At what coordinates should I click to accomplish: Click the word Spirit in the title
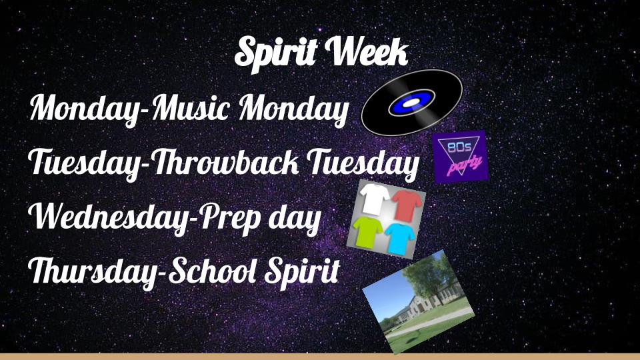point(276,52)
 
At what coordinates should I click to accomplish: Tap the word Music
point(191,108)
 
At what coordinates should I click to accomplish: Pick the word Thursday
point(92,271)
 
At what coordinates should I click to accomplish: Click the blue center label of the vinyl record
point(411,103)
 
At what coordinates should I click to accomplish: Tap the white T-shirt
point(374,199)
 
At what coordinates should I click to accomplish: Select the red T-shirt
point(407,205)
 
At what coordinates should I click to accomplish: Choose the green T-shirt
point(367,232)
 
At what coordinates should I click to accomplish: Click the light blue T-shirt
point(400,239)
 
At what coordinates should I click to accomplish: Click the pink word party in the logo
point(465,164)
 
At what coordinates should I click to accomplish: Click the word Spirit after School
point(302,272)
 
